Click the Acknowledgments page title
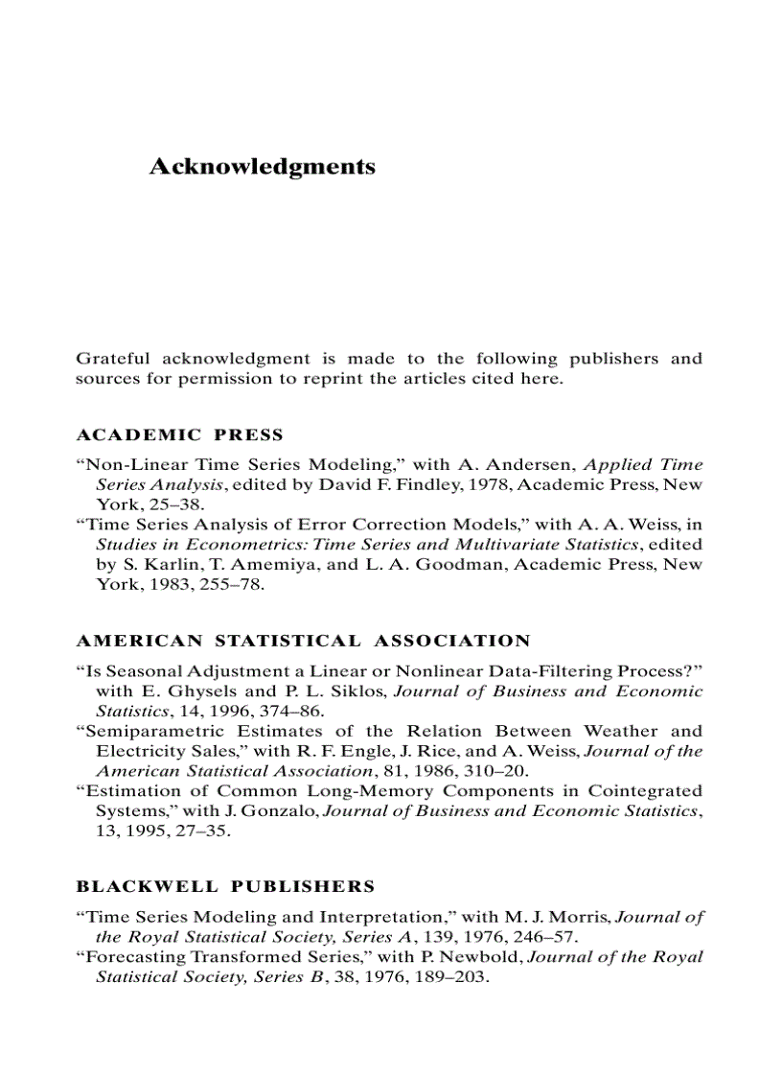click(262, 167)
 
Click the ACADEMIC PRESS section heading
click(179, 434)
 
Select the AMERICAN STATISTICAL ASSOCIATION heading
click(303, 641)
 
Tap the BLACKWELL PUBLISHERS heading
click(225, 886)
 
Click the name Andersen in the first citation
click(539, 464)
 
